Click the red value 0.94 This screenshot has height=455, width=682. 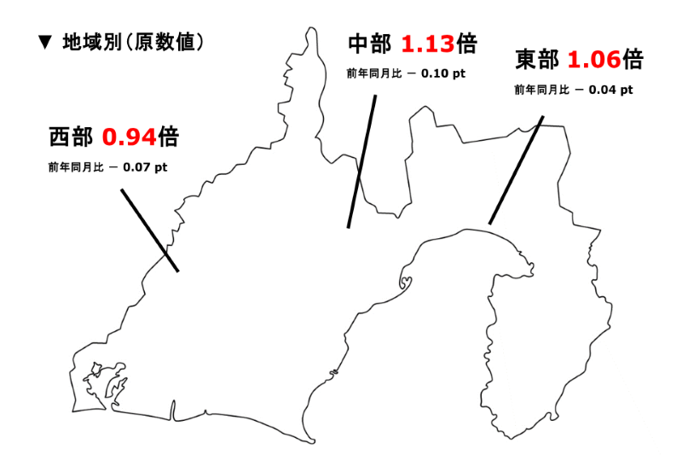pos(130,137)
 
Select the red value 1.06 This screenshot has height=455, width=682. pos(594,60)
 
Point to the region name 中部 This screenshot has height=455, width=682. pos(370,44)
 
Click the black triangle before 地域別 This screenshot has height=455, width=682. pos(46,41)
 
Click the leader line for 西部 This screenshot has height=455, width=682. pos(149,230)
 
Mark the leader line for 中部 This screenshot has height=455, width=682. pos(361,161)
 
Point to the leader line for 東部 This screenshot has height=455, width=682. pos(516,170)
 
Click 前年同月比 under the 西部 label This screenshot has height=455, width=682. pos(76,167)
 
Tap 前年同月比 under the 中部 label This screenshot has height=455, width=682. pos(374,73)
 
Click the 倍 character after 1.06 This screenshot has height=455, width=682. pos(632,60)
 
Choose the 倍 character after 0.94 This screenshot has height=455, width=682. pos(168,137)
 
